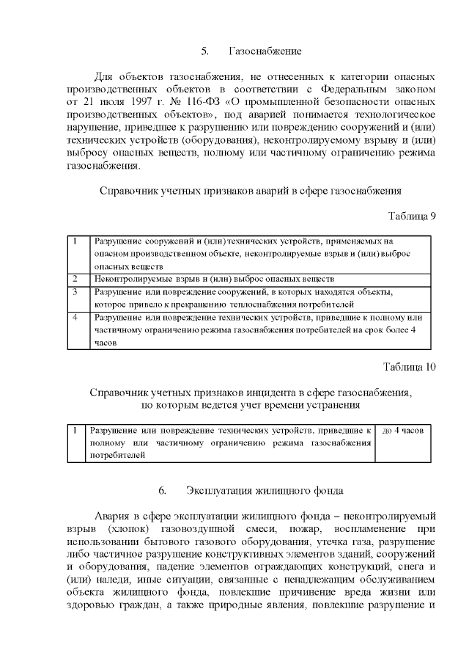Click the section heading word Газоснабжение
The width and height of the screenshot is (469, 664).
click(x=265, y=51)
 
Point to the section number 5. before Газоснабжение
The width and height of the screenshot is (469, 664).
click(x=205, y=51)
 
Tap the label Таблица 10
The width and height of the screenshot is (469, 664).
click(x=409, y=367)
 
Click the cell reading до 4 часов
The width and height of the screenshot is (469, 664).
click(x=402, y=429)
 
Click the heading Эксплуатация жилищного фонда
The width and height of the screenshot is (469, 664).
click(x=266, y=489)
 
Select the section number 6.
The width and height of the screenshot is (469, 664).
click(x=163, y=489)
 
